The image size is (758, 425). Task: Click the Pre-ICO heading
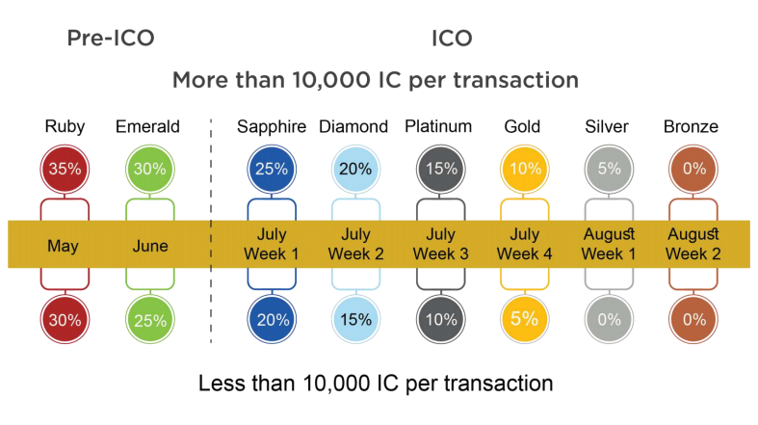pos(111,39)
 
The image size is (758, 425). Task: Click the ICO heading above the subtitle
pos(452,39)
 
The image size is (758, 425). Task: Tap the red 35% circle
pos(65,170)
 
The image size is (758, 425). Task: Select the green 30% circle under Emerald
pos(150,170)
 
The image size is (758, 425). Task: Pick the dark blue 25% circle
pos(272,170)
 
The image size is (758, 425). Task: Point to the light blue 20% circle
pos(355,170)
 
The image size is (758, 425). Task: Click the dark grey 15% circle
pos(441,170)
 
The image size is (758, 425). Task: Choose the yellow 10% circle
pos(525,170)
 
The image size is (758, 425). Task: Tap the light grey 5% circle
pos(609,170)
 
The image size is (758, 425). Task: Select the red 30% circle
pos(65,320)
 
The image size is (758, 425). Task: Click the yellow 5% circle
pos(525,320)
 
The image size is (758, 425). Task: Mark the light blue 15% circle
pos(355,320)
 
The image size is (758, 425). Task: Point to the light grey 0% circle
pos(609,320)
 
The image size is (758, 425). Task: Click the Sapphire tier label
pos(272,127)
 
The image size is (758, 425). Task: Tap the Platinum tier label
pos(438,126)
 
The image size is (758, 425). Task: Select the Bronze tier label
pos(691,126)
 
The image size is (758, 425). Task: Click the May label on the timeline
pos(64,246)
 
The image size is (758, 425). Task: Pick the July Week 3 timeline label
pos(441,244)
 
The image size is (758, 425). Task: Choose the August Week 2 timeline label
pos(693,244)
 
